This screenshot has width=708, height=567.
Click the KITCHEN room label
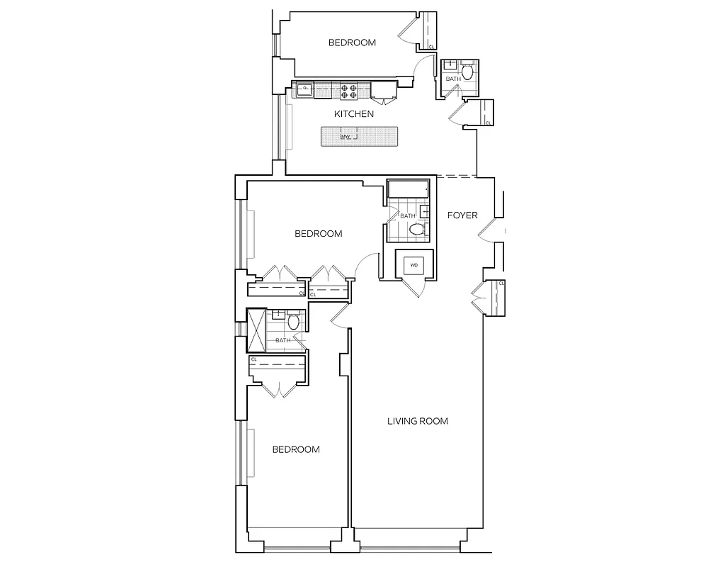tap(354, 113)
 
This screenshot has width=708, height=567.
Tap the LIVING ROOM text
tap(418, 421)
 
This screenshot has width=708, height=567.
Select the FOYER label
tap(463, 215)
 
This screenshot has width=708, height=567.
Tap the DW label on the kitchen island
tap(346, 137)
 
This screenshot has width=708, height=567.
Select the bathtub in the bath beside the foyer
tap(408, 191)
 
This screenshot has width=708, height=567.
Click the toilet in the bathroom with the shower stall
tap(295, 322)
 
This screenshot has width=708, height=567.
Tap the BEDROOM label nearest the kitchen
tap(352, 43)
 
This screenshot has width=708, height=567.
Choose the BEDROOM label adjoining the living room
tap(296, 449)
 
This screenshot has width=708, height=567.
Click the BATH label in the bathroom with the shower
tap(282, 341)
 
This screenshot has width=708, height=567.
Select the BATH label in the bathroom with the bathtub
tap(408, 215)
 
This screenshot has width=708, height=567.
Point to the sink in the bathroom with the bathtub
tap(426, 211)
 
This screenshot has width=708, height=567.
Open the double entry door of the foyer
tap(489, 231)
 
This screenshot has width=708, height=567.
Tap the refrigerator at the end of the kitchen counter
tap(384, 89)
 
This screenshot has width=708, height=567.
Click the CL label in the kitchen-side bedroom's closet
tap(432, 47)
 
